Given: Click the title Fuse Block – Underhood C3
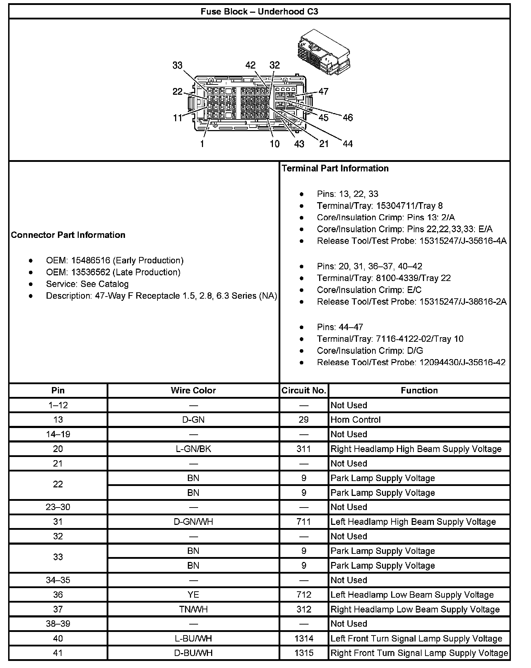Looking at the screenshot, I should coord(259,12).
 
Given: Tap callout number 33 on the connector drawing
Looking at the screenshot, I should coord(177,65).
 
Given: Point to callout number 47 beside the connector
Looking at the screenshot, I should coord(323,92).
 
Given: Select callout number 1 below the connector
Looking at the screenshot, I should coord(202,144).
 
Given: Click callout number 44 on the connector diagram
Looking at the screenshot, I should coord(347,144).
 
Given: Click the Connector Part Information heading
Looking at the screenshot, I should coord(68,235).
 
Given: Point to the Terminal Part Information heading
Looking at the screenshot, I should coord(335,168).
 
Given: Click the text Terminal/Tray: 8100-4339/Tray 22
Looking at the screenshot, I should coord(384,278).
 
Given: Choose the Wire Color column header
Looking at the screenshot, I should coord(193,390).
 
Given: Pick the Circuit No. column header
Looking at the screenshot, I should coord(304,390).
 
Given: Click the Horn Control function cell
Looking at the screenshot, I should coord(356,420).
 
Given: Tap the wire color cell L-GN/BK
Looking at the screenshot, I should coord(193,449).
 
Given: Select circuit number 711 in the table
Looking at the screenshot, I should coord(304,522).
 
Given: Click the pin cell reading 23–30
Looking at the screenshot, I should coord(58,507).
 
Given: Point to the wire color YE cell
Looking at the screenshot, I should coord(193,594).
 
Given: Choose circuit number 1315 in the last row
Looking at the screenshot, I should coord(304,653).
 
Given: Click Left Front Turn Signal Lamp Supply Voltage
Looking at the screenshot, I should coord(416,638).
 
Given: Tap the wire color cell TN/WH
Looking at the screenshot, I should coord(193,609).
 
